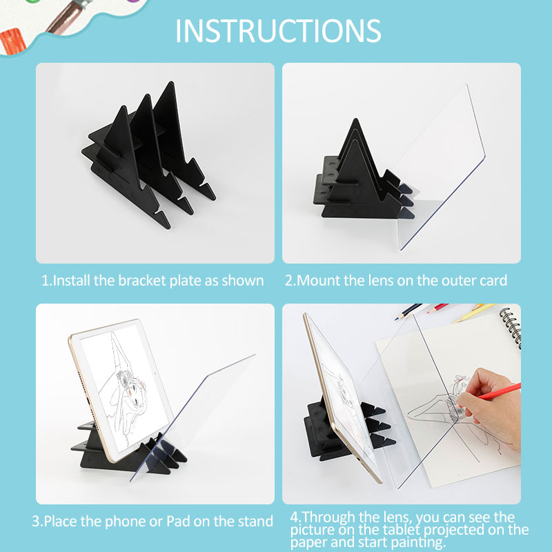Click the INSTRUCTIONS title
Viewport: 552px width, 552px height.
[x=277, y=30]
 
